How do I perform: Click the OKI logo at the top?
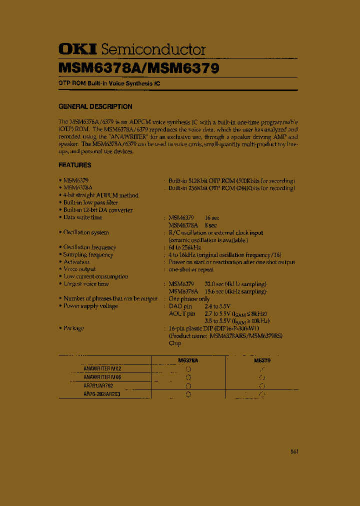tap(78, 49)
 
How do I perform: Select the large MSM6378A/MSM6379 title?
tap(138, 67)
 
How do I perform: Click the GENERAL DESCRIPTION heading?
tap(95, 106)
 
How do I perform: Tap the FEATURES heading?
tap(75, 165)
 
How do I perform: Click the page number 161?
tap(294, 452)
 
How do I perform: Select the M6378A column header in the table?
tap(188, 360)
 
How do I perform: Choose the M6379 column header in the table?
tap(262, 360)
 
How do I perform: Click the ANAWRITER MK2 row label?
tap(102, 368)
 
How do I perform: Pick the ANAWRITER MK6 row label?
tap(102, 377)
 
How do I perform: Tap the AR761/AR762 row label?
tap(98, 385)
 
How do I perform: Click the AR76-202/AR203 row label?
tap(102, 394)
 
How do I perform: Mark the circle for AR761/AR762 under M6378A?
tap(188, 386)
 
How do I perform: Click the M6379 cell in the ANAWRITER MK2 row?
tap(262, 369)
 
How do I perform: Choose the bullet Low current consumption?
tap(95, 276)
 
